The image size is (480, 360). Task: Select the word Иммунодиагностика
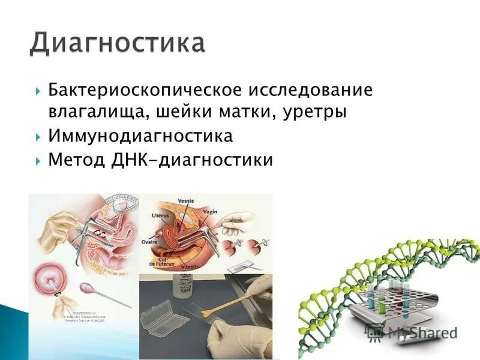[140, 136]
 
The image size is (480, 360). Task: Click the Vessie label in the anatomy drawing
[187, 200]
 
